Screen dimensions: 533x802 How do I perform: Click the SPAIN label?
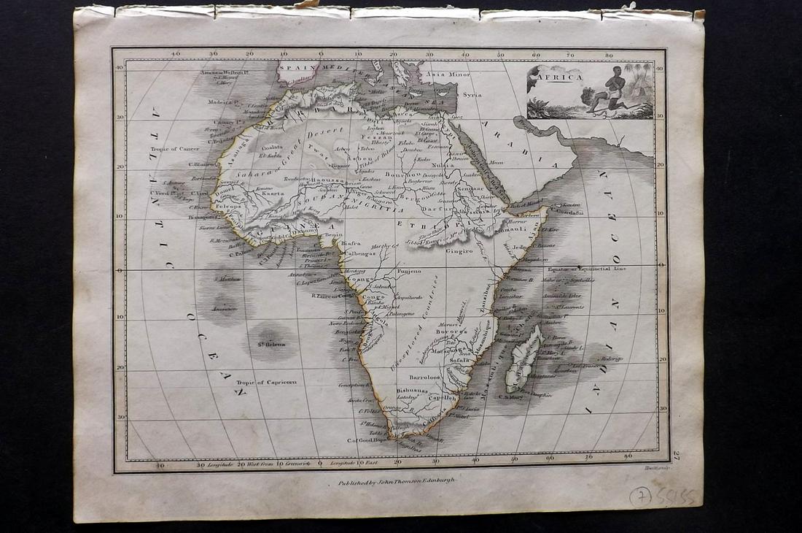298,66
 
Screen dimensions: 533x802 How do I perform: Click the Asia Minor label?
446,75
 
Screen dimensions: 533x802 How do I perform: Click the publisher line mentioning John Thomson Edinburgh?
397,483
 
